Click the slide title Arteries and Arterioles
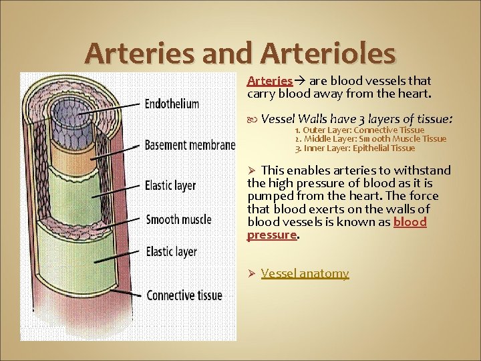pyautogui.click(x=240, y=53)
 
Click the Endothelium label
pyautogui.click(x=172, y=104)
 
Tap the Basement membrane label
pyautogui.click(x=190, y=145)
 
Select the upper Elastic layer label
pyautogui.click(x=170, y=185)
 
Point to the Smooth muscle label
pyautogui.click(x=178, y=219)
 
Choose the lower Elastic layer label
pyautogui.click(x=171, y=251)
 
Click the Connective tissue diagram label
pyautogui.click(x=184, y=295)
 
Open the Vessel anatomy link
pyautogui.click(x=305, y=273)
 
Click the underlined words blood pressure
pyautogui.click(x=272, y=235)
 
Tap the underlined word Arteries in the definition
pyautogui.click(x=269, y=80)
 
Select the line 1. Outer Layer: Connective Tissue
pyautogui.click(x=359, y=130)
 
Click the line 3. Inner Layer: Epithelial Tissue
pyautogui.click(x=355, y=148)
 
